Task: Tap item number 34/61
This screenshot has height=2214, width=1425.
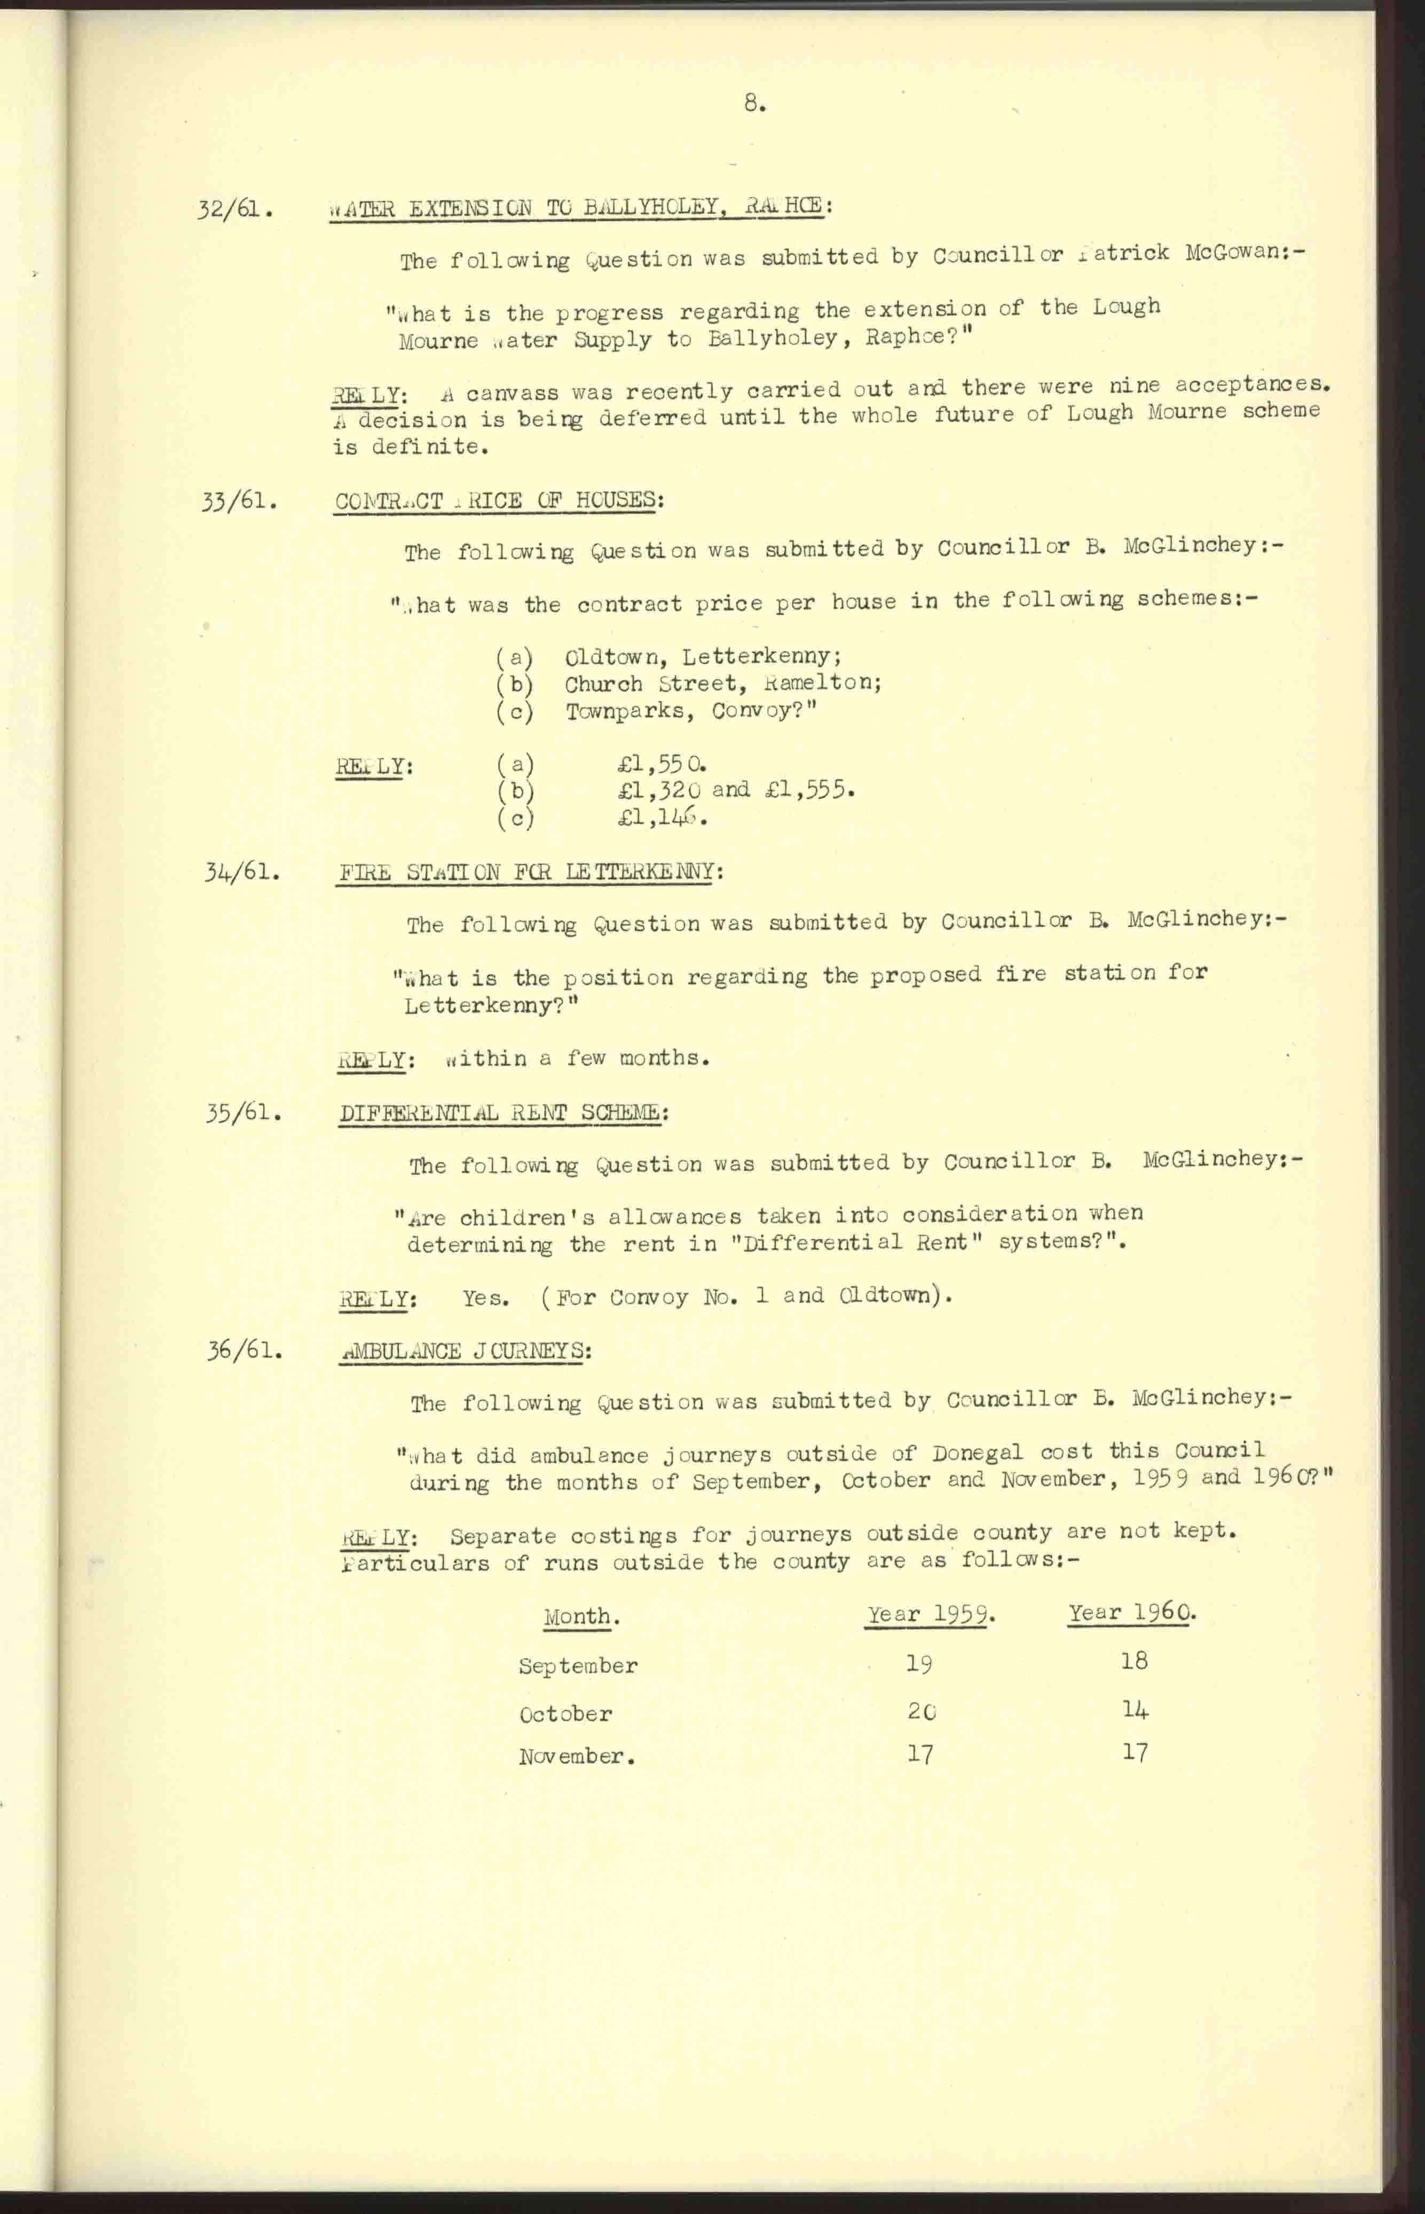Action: (x=241, y=872)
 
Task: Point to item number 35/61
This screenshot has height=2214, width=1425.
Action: (x=243, y=1112)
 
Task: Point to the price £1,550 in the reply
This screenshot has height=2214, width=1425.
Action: (x=663, y=765)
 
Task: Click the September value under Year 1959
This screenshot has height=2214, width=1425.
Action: (x=919, y=1663)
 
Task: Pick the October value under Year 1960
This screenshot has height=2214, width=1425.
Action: (x=1135, y=1709)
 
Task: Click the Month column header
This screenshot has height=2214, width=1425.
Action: (x=580, y=1617)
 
